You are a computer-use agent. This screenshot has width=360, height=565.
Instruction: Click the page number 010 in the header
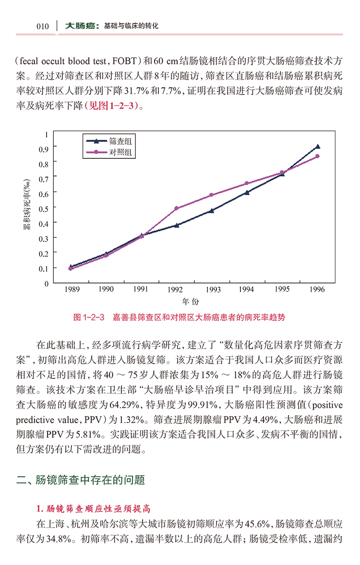pyautogui.click(x=42, y=26)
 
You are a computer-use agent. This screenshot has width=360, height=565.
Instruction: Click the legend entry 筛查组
pyautogui.click(x=120, y=141)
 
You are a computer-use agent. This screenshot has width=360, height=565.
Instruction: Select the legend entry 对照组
pyautogui.click(x=120, y=153)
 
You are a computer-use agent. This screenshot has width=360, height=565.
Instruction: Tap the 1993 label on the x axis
pyautogui.click(x=213, y=290)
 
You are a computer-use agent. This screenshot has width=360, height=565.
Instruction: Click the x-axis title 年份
pyautogui.click(x=190, y=302)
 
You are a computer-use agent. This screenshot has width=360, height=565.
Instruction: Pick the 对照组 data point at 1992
pyautogui.click(x=176, y=208)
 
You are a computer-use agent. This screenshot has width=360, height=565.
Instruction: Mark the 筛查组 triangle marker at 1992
pyautogui.click(x=176, y=225)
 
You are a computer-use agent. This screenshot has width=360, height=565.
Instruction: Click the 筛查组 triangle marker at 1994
pyautogui.click(x=247, y=192)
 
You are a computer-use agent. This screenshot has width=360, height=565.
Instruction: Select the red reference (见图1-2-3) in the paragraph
pyautogui.click(x=113, y=106)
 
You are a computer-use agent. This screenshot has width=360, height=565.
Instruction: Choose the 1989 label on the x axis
pyautogui.click(x=71, y=290)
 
